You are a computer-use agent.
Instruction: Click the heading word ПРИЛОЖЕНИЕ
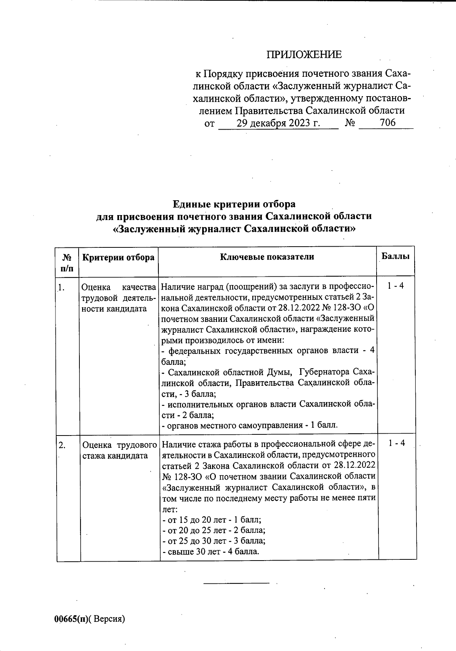[304, 55]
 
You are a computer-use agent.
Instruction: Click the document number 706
[387, 123]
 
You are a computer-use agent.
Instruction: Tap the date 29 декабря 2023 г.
[278, 123]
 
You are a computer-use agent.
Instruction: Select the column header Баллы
[395, 256]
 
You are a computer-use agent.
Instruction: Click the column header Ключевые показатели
[267, 257]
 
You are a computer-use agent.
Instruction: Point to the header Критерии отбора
[119, 257]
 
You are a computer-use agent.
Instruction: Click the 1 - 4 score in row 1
[396, 285]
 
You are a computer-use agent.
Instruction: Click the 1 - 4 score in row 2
[397, 443]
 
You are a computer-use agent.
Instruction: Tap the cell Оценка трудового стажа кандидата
[119, 450]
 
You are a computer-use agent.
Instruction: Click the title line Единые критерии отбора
[234, 204]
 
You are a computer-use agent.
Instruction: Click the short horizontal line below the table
[236, 583]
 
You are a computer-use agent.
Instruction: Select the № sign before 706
[350, 123]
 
